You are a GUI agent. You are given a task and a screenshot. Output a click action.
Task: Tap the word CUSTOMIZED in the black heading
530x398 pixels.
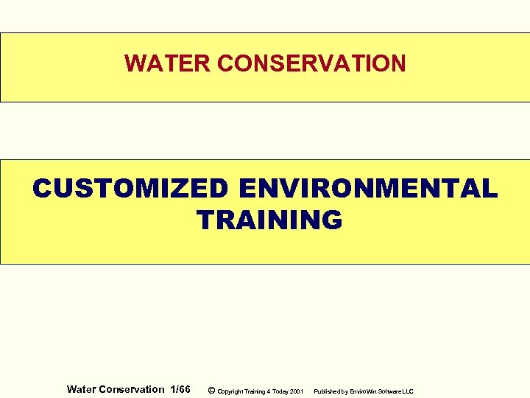[130, 189]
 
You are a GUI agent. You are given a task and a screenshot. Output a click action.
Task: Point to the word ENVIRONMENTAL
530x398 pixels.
[367, 189]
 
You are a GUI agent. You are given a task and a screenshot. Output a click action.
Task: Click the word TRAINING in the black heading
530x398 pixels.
[269, 220]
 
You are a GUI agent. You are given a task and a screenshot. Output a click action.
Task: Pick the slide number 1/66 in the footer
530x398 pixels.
[180, 389]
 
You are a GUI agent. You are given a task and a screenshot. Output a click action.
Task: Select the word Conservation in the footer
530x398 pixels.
[132, 389]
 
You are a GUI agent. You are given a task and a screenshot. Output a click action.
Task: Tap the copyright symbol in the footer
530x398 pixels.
[212, 390]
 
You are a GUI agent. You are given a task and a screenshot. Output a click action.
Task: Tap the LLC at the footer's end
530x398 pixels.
[409, 391]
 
